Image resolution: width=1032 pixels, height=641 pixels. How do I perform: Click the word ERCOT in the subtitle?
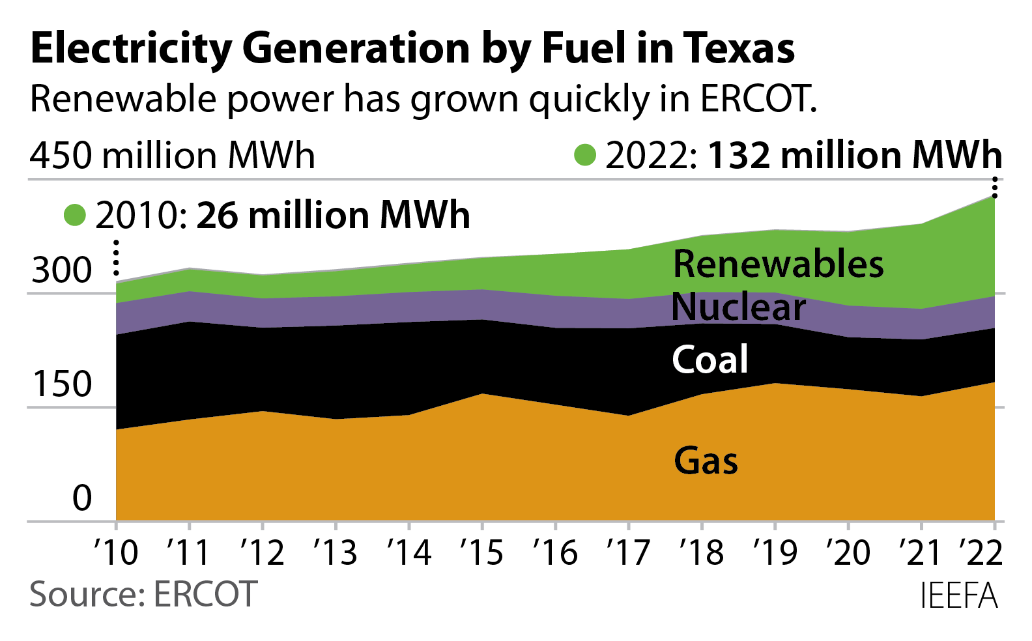pos(758,99)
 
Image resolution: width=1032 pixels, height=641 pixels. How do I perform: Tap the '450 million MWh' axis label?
pos(172,156)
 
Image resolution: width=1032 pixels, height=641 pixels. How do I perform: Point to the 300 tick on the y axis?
pos(62,270)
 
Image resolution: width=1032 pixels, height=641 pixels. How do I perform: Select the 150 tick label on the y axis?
pos(62,384)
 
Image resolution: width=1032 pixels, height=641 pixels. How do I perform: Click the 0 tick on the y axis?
pos(82,498)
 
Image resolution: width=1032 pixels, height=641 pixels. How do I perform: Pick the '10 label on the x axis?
pos(116,553)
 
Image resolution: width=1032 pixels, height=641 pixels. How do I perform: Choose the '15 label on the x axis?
pos(482,553)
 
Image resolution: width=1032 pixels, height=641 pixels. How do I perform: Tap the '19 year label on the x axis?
pos(775,553)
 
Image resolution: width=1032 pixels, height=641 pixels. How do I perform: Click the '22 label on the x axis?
pos(981,553)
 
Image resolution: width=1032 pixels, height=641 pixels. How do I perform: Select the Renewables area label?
pos(778,264)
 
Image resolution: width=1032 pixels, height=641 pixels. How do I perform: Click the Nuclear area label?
pos(738,307)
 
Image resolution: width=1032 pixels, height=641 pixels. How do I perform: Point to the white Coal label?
pos(710,360)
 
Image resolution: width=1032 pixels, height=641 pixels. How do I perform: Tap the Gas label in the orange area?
pos(706,461)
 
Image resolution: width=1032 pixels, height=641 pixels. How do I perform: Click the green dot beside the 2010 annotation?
pos(75,215)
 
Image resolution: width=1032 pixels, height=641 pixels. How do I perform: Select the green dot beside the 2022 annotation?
pos(585,155)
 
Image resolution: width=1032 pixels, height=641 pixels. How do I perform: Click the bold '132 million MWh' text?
pos(855,156)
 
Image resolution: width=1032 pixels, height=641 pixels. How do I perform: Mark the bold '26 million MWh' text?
pos(333,216)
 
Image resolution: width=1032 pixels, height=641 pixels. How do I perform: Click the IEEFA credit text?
pos(958,595)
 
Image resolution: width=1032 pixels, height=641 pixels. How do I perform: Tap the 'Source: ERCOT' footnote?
pos(143,594)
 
